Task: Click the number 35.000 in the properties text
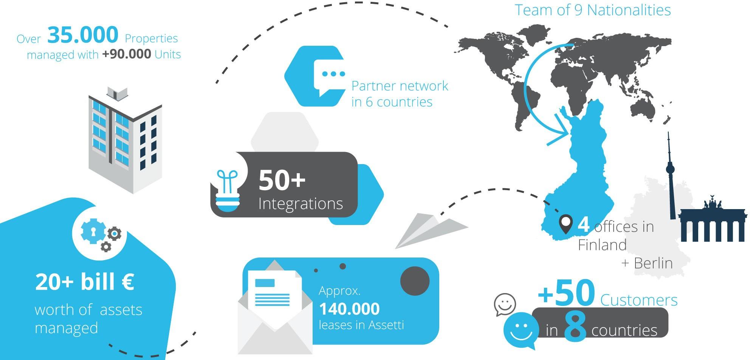(x=83, y=35)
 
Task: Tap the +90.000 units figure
(x=126, y=54)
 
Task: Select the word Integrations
(x=301, y=204)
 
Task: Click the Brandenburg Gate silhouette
(x=712, y=223)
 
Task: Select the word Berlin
(x=653, y=263)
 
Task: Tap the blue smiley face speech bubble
(x=521, y=330)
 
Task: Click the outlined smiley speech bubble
(x=505, y=304)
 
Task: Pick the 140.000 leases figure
(x=349, y=309)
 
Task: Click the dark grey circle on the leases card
(x=415, y=281)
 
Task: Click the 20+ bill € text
(x=84, y=282)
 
